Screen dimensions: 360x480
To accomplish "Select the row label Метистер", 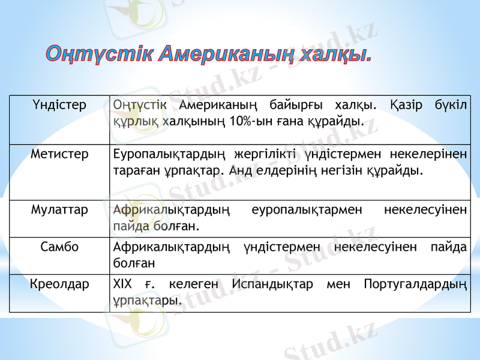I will click(59, 154).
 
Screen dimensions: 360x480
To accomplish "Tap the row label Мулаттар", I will click(59, 211).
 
